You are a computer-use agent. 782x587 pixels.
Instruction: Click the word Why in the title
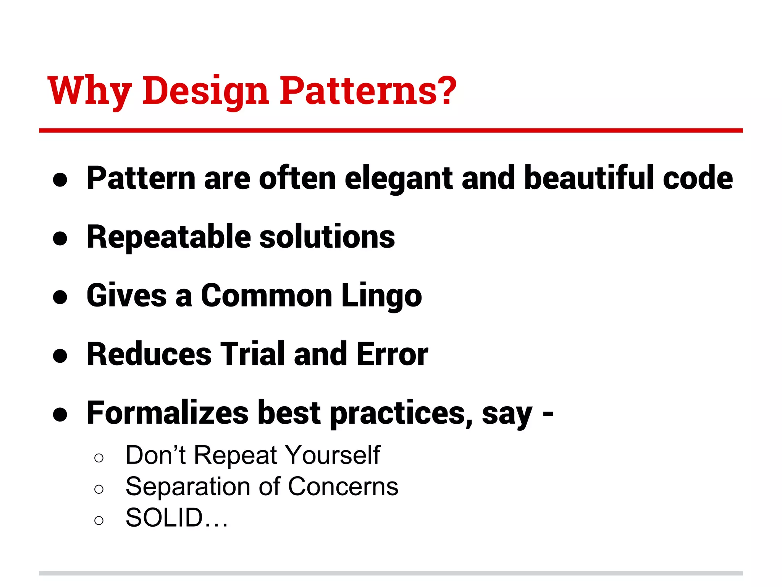pos(89,91)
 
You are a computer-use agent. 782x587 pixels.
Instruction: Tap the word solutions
pos(327,237)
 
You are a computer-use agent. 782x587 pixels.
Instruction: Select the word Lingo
pos(381,297)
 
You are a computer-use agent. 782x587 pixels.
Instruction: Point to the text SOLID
pos(164,518)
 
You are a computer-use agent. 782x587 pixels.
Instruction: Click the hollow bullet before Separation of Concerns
pos(99,489)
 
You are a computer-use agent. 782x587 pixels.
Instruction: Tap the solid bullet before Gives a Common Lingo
pos(60,297)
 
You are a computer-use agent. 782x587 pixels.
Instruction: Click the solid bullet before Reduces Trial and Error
pos(60,356)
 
